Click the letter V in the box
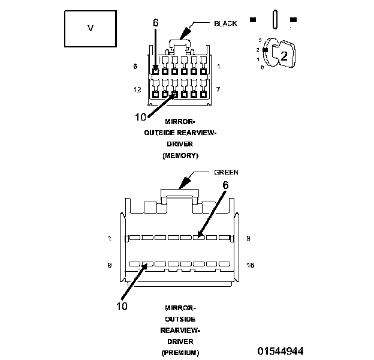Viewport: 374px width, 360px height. pyautogui.click(x=91, y=28)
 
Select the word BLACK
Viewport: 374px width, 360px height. pyautogui.click(x=225, y=23)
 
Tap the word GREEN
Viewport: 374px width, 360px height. pyautogui.click(x=226, y=172)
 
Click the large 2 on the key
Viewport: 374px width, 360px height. pyautogui.click(x=284, y=57)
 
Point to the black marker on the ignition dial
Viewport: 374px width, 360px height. pyautogui.click(x=264, y=50)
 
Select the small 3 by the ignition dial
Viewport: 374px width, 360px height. pyautogui.click(x=259, y=39)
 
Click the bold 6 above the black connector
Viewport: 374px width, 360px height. pyautogui.click(x=156, y=23)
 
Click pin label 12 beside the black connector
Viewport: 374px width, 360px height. pyautogui.click(x=137, y=89)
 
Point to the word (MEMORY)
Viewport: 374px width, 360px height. pyautogui.click(x=180, y=155)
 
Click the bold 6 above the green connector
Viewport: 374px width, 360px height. pyautogui.click(x=226, y=186)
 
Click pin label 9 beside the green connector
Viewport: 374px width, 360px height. pyautogui.click(x=110, y=263)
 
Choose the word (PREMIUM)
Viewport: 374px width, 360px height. pyautogui.click(x=180, y=352)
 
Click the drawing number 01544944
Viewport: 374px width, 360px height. pyautogui.click(x=280, y=350)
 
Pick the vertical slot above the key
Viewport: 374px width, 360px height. pyautogui.click(x=273, y=19)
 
